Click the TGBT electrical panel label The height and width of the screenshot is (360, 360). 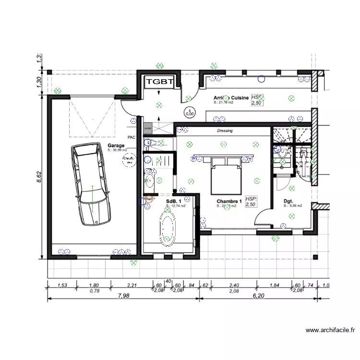click(159, 82)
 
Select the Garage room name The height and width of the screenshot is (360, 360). click(116, 145)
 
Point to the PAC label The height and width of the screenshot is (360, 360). click(132, 137)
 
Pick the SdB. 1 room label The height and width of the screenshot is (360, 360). click(173, 201)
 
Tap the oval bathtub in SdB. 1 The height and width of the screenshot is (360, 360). click(168, 229)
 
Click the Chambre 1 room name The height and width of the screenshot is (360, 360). click(228, 201)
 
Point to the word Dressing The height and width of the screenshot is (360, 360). click(225, 131)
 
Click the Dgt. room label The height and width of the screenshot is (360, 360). click(288, 201)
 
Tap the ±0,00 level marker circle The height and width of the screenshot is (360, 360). click(190, 112)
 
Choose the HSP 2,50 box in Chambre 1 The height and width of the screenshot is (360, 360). click(251, 202)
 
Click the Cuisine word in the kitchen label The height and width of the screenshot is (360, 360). click(240, 97)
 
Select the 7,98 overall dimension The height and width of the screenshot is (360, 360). click(123, 296)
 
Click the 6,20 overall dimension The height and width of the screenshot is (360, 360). click(258, 296)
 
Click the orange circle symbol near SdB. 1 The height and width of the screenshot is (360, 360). click(149, 198)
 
